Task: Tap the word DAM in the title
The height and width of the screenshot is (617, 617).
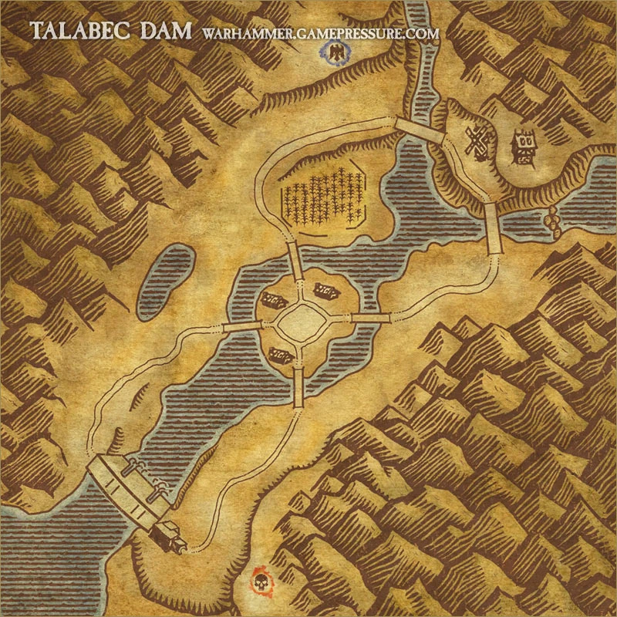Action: (171, 31)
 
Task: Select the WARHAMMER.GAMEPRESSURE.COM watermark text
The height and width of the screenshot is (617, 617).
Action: (320, 34)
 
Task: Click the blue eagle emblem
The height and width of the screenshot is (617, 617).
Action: (337, 52)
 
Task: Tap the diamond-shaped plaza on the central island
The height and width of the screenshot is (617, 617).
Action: (302, 323)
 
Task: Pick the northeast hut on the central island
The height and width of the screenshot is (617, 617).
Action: (325, 290)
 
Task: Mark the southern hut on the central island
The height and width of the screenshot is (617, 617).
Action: (279, 354)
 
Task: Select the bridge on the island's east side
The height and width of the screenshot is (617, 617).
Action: (371, 317)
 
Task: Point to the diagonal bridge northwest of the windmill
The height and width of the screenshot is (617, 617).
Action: (420, 130)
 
